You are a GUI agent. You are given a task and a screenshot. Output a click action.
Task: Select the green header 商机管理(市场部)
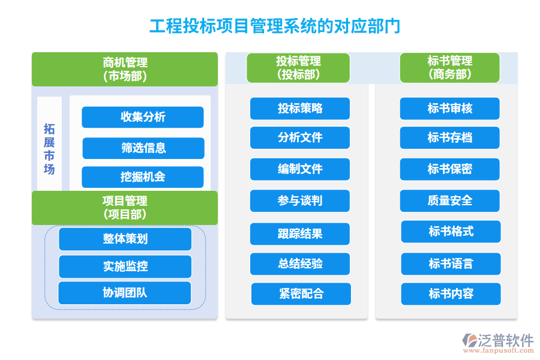click(125, 69)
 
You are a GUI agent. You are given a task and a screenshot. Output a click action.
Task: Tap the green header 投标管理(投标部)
click(298, 68)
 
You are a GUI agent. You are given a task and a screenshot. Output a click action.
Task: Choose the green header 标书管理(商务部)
click(449, 68)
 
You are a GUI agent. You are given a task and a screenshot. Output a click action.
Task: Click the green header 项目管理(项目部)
click(125, 208)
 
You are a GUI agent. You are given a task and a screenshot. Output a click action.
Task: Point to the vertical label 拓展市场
click(49, 148)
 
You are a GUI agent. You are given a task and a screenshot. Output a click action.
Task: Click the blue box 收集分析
click(143, 117)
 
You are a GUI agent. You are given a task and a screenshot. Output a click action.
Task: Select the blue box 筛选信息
click(143, 148)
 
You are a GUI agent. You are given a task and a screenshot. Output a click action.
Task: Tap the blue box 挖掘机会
click(143, 177)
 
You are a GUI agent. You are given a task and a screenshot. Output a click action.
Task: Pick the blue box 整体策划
click(125, 239)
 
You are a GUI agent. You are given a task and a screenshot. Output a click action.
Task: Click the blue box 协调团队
click(125, 293)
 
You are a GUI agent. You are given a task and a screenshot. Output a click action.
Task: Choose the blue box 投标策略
click(300, 109)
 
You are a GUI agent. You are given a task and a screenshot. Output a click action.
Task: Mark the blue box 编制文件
click(300, 169)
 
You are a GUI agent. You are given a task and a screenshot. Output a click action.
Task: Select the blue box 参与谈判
click(300, 201)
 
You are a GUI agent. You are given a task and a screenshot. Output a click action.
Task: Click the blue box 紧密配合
click(301, 294)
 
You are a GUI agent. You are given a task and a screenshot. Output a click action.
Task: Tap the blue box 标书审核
click(450, 109)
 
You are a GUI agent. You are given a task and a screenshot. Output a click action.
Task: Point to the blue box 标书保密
click(450, 169)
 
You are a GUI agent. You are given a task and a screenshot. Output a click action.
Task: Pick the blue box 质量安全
click(450, 201)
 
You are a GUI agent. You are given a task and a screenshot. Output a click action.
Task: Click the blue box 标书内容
click(451, 294)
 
